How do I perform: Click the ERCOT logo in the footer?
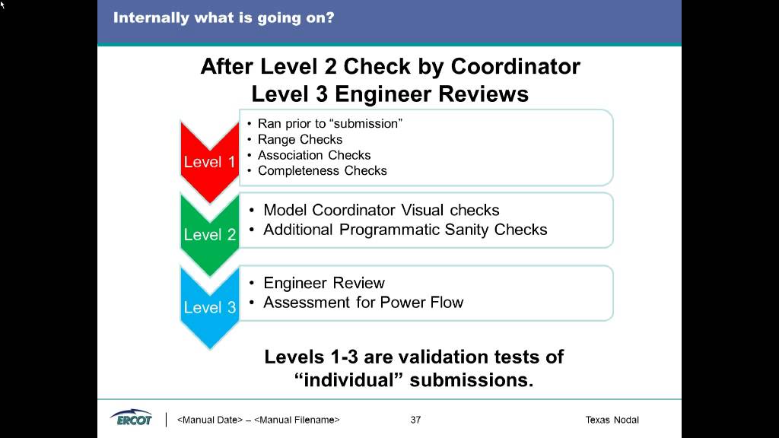(x=131, y=419)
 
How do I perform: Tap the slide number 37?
(x=415, y=420)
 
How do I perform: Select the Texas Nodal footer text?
(x=612, y=420)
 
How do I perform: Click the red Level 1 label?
(x=209, y=162)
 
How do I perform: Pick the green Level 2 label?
(x=210, y=234)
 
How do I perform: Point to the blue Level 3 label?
(x=210, y=307)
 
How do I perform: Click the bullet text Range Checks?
(x=300, y=139)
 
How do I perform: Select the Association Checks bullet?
(x=314, y=155)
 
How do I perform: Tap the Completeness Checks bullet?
(x=322, y=171)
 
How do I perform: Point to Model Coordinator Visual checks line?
(x=381, y=210)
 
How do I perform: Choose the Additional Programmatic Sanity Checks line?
(x=405, y=230)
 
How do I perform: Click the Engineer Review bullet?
(x=324, y=283)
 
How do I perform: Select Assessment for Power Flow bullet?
(x=363, y=303)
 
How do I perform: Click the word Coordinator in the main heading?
(x=515, y=67)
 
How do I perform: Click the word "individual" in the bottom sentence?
(x=348, y=380)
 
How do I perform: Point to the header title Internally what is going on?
(x=224, y=17)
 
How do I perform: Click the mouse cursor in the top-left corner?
(x=3, y=4)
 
